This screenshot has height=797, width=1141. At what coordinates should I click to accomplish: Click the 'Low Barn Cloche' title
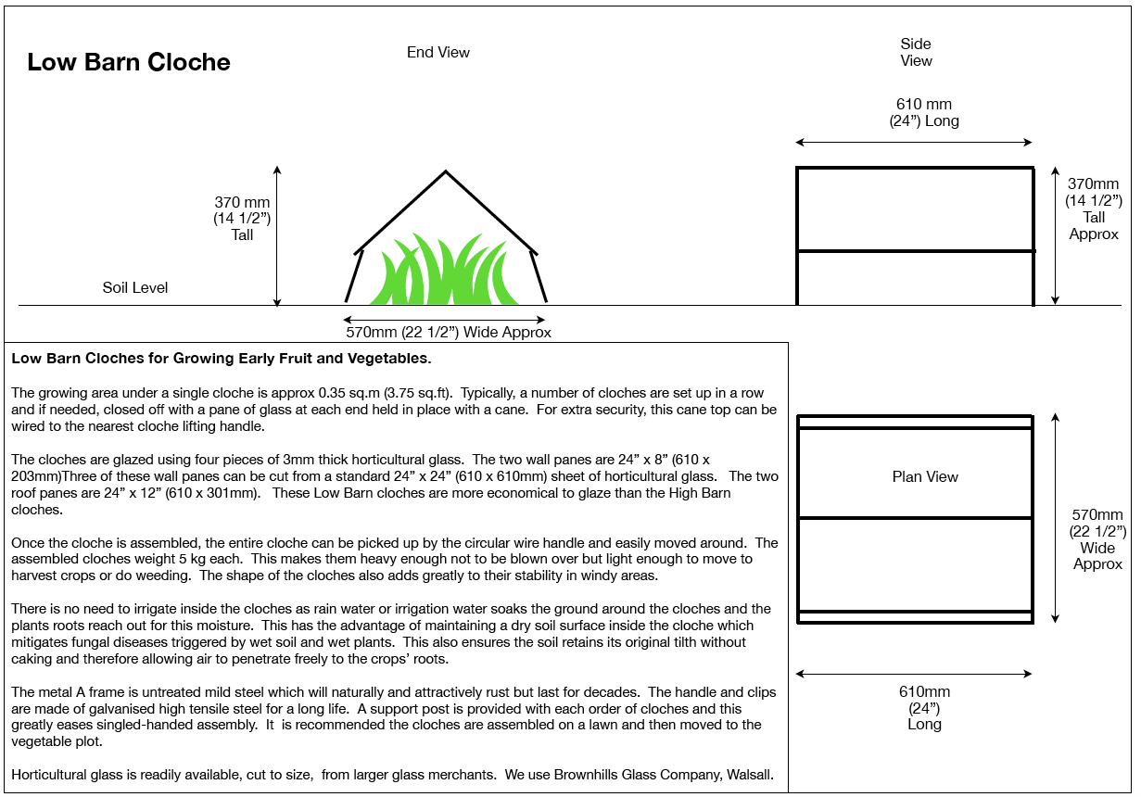coord(129,63)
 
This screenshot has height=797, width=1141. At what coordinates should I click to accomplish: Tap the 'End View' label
coord(438,53)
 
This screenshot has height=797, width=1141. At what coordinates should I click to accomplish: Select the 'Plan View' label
coord(925,477)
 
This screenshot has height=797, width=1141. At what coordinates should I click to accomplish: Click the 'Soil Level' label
coord(135,288)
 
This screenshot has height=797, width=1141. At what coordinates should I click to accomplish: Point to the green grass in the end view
coord(444,273)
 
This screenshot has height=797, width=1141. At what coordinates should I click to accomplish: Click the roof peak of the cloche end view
coord(446,172)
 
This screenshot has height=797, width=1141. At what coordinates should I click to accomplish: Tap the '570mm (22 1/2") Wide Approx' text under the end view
coord(448,333)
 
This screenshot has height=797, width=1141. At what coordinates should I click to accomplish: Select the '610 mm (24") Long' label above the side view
coord(923,112)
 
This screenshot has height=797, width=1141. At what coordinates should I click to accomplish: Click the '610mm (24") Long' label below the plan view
coord(924,708)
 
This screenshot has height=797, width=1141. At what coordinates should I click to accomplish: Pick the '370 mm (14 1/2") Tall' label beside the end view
coord(242,219)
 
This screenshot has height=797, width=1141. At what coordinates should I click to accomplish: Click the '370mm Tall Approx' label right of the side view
coord(1095,209)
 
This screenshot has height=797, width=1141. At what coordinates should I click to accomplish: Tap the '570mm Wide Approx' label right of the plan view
coord(1097,539)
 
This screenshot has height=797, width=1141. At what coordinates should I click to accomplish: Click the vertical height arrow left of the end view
coord(277,236)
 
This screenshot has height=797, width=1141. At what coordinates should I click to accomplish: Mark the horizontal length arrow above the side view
coord(914,143)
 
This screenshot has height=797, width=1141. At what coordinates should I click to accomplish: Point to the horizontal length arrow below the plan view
coord(914,674)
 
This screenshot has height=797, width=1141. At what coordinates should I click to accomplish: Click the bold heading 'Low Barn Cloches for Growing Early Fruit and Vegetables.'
coord(222,359)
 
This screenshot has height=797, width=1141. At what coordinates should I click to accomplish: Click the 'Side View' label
coord(916,53)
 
